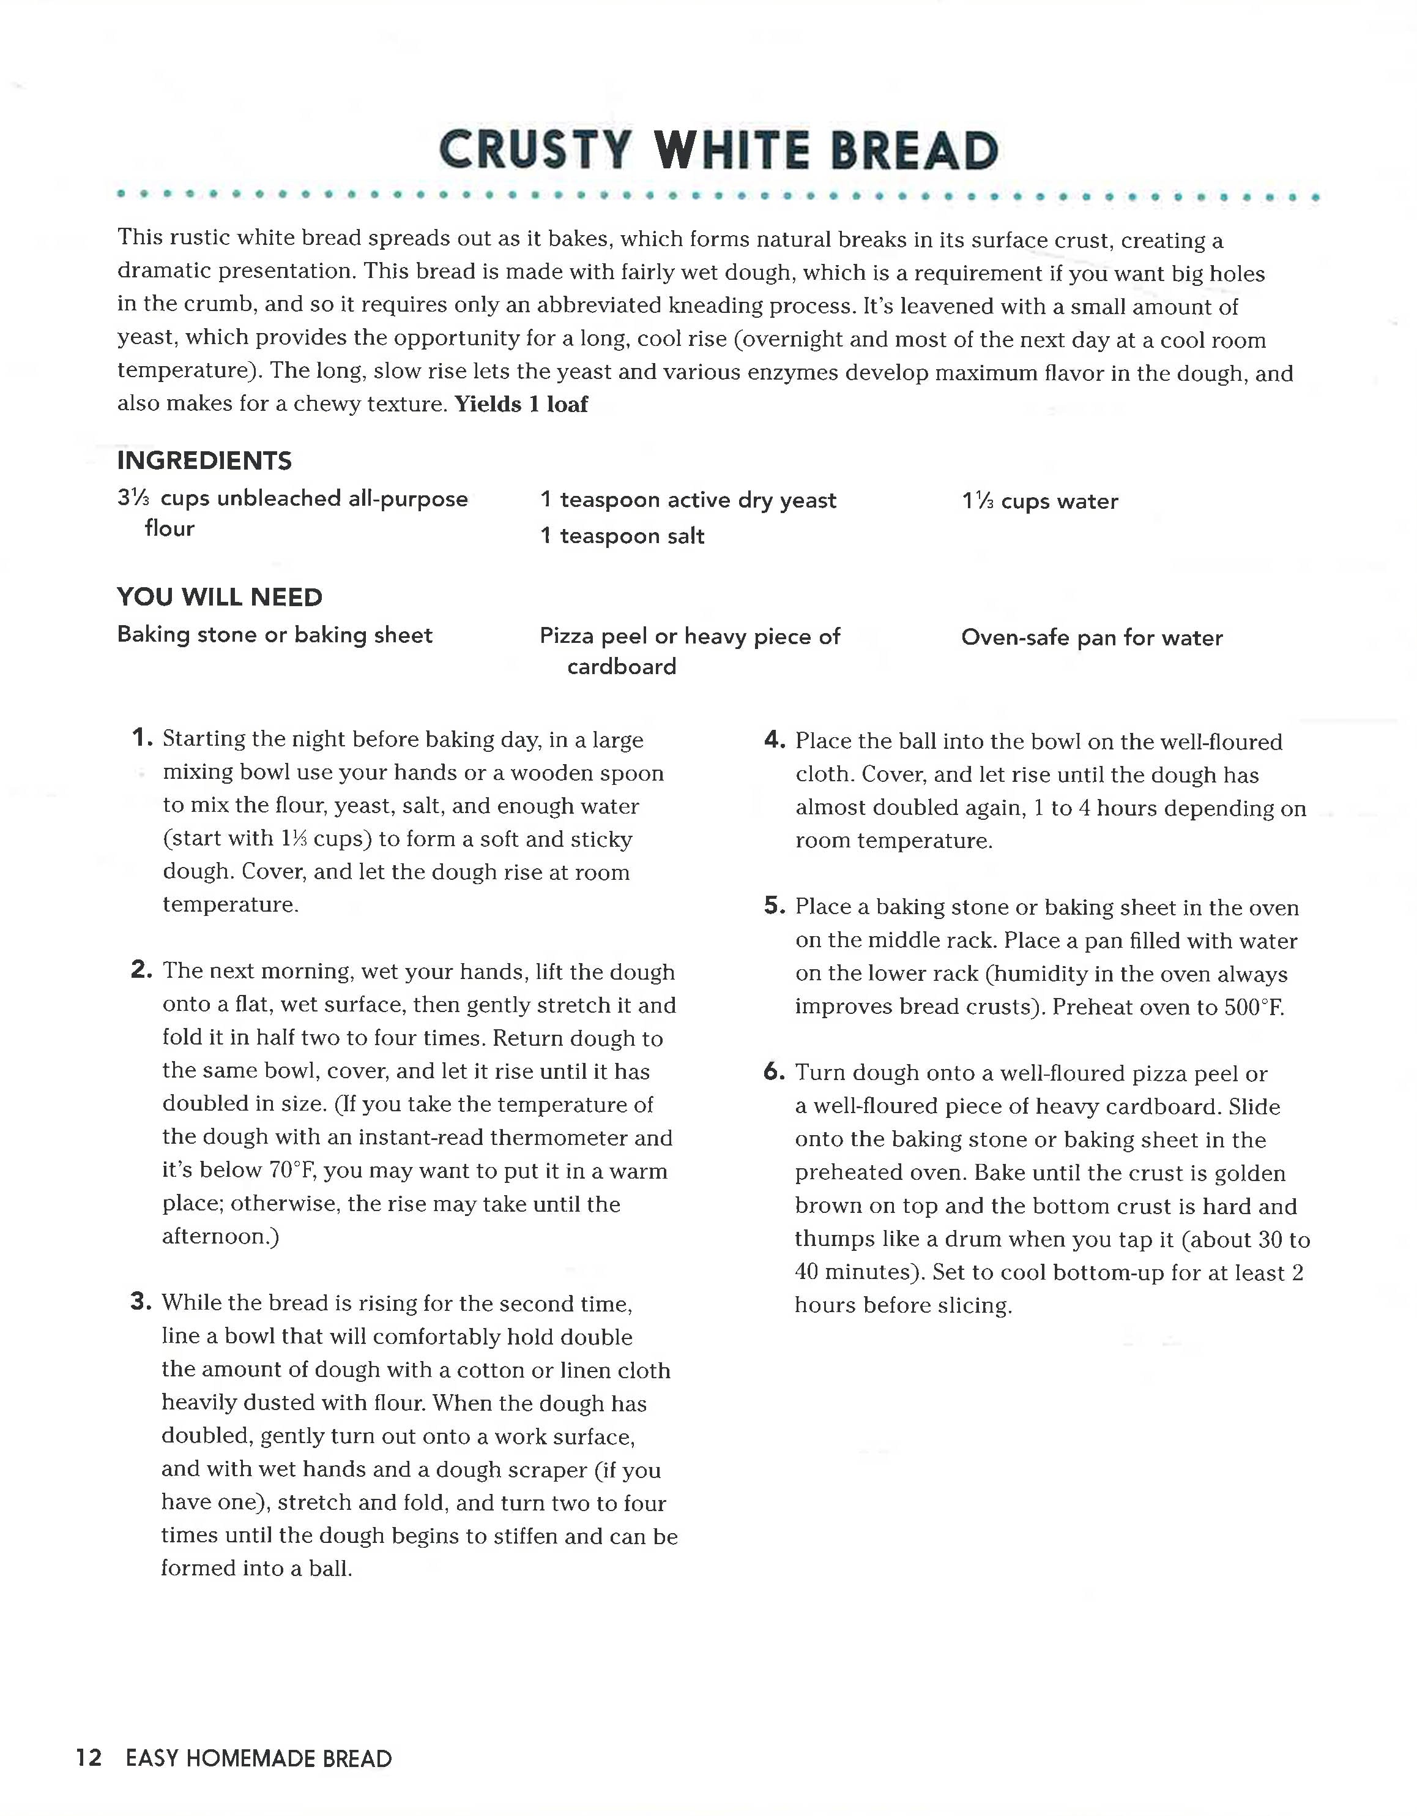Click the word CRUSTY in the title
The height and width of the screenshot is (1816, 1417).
coord(534,151)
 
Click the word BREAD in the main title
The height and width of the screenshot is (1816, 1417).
coord(914,151)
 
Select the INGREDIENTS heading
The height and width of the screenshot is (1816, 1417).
coord(204,460)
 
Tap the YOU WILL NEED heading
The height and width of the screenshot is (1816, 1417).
coord(220,597)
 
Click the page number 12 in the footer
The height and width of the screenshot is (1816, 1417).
coord(89,1758)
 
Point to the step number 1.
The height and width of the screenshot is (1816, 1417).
coord(141,738)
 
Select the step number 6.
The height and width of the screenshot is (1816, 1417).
coord(774,1072)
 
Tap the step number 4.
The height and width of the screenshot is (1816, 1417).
coord(774,740)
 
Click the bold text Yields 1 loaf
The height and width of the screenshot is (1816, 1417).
coord(521,405)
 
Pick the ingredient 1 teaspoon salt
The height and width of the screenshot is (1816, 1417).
coord(622,536)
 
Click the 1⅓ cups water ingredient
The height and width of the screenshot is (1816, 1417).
coord(1040,501)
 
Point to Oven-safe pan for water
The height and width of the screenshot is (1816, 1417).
coord(1092,638)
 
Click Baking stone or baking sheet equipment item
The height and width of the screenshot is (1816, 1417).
coord(274,636)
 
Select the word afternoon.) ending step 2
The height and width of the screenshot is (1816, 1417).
coord(220,1236)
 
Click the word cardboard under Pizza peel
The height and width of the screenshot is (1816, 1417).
coord(621,667)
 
